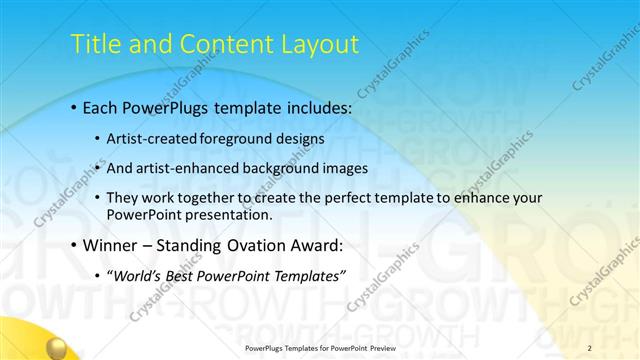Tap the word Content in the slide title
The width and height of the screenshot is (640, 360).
[x=220, y=45]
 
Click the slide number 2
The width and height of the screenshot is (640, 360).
[x=589, y=347]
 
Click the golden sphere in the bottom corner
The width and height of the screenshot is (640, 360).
[x=56, y=348]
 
